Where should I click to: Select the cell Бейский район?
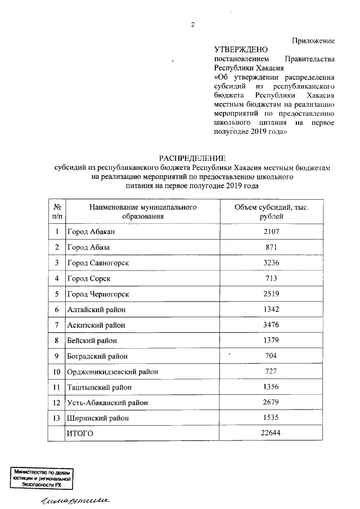[x=94, y=340]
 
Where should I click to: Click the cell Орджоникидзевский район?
[x=112, y=371]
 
